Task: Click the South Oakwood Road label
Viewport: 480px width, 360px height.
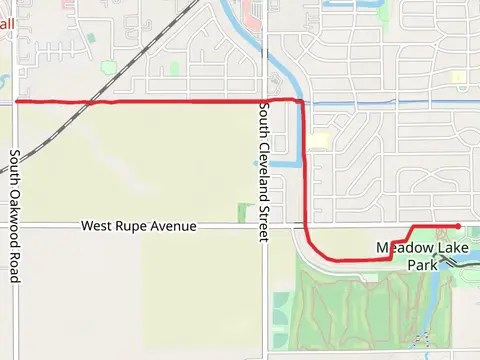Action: pyautogui.click(x=15, y=216)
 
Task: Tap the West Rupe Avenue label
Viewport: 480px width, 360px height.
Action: pyautogui.click(x=138, y=227)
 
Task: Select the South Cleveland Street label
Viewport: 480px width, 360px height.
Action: pyautogui.click(x=264, y=171)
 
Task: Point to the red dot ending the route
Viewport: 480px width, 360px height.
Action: pyautogui.click(x=457, y=226)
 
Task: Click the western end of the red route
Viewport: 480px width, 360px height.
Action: pyautogui.click(x=18, y=101)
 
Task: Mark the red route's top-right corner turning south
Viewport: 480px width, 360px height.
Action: pyautogui.click(x=300, y=102)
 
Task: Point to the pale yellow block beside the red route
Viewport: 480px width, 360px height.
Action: pyautogui.click(x=318, y=141)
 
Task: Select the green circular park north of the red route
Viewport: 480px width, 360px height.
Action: pyautogui.click(x=175, y=68)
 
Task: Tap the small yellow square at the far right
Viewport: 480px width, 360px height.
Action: pyautogui.click(x=458, y=77)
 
